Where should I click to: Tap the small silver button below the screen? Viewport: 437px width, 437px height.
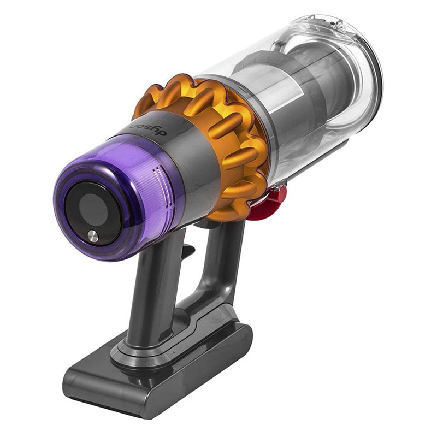93,235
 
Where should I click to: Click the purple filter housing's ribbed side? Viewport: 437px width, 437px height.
137,164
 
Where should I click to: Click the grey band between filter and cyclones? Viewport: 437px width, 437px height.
180,158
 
